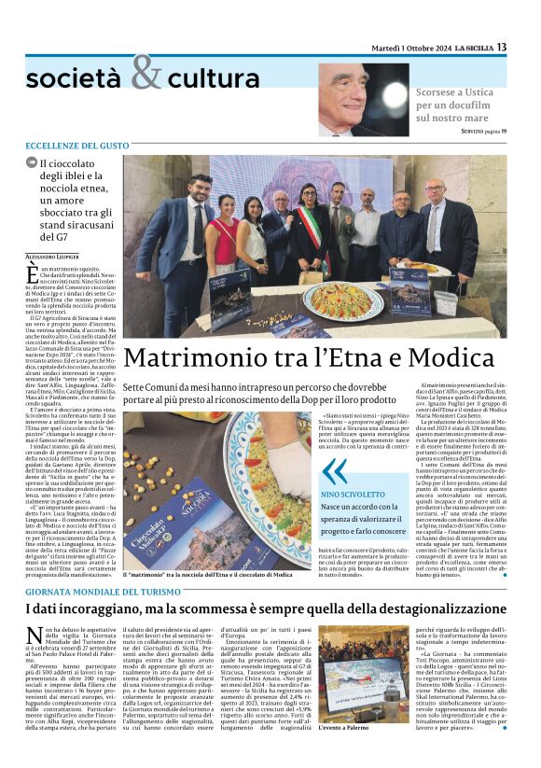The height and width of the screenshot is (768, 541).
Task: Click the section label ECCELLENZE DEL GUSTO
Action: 77,147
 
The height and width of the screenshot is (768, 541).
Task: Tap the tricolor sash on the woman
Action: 309,230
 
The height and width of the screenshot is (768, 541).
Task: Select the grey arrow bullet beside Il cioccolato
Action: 32,162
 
